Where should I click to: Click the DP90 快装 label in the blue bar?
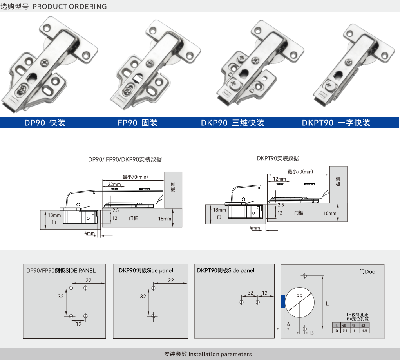(x=45, y=123)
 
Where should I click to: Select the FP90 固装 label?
(x=138, y=123)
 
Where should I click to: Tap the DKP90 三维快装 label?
(x=232, y=123)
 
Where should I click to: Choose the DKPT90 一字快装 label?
(x=336, y=123)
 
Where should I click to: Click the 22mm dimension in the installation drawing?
(x=114, y=184)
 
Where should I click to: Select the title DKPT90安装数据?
(x=278, y=158)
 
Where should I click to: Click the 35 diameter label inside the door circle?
(x=299, y=297)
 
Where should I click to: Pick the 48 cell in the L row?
(x=353, y=326)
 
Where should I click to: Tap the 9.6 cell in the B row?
(x=345, y=331)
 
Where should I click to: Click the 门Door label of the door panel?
(x=368, y=271)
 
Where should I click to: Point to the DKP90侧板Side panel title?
(x=146, y=270)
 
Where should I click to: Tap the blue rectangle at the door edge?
(x=282, y=302)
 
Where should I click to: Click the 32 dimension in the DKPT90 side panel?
(x=251, y=293)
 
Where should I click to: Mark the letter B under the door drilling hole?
(x=312, y=333)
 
